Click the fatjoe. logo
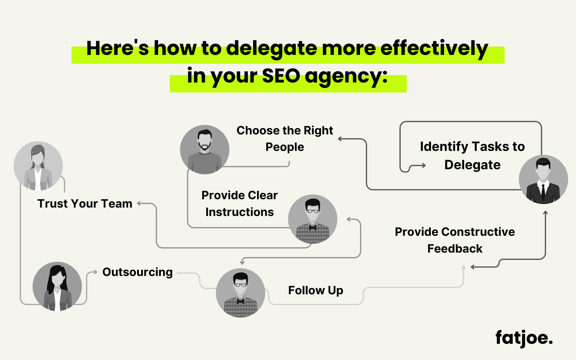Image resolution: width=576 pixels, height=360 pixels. pos(523,338)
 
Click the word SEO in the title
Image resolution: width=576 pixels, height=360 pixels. pos(281,76)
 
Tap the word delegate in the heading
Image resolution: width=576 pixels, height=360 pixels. pos(271,49)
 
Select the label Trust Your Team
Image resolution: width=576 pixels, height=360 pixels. pos(85,204)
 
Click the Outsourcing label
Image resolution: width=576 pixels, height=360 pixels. pos(137,272)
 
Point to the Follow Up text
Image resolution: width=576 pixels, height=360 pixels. pos(316,290)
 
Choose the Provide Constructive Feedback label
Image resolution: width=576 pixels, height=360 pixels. pos(454,240)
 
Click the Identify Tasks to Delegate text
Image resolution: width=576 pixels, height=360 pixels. pos(472,155)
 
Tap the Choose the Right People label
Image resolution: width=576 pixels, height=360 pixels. pos(285,139)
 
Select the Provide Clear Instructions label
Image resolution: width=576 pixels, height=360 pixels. pos(239,203)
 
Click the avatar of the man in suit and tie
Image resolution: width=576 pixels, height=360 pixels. pos(543,179)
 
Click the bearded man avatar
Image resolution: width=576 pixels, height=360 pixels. pos(205,149)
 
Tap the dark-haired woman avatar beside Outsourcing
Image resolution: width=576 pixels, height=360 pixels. pos(57,286)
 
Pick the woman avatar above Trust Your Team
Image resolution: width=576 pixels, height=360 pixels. pos(38,166)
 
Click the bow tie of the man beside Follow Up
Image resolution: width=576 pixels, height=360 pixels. pos(241,301)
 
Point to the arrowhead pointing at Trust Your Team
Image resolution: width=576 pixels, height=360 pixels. pos(139,203)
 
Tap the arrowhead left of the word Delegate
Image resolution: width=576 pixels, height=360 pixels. pos(424,165)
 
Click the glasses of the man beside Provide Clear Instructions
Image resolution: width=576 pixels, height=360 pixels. pos(313,211)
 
